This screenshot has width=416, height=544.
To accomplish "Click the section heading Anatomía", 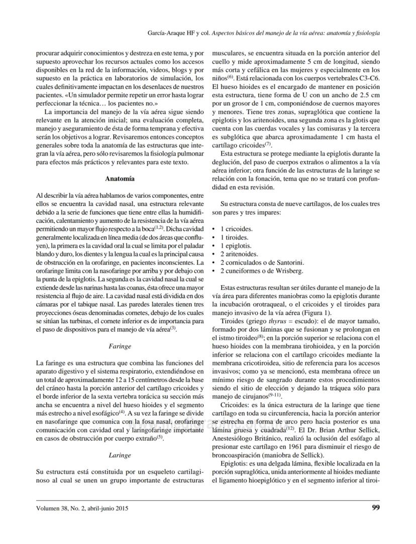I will pyautogui.click(x=120, y=179).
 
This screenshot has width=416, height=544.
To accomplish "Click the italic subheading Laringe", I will pyautogui.click(x=120, y=455).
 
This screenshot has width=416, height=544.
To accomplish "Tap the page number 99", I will pyautogui.click(x=375, y=508).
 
